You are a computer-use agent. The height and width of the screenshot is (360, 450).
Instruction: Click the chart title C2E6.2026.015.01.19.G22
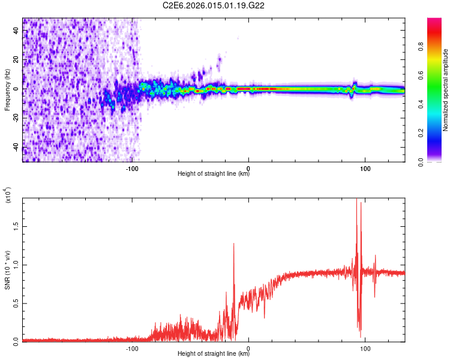pyautogui.click(x=214, y=6)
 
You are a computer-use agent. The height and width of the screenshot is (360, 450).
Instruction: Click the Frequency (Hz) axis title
pyautogui.click(x=7, y=90)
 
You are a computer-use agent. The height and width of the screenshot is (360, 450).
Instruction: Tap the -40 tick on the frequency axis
pyautogui.click(x=16, y=147)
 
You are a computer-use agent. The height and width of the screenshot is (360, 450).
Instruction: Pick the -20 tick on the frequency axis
pyautogui.click(x=16, y=118)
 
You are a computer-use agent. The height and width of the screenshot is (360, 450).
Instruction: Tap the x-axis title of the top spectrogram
pyautogui.click(x=214, y=174)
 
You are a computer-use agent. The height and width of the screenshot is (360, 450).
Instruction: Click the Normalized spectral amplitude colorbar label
pyautogui.click(x=446, y=90)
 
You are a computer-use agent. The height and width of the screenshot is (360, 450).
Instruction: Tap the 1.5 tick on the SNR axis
pyautogui.click(x=16, y=226)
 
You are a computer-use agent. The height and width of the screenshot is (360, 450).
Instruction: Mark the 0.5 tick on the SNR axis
pyautogui.click(x=16, y=303)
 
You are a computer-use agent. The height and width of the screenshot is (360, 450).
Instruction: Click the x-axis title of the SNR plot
pyautogui.click(x=214, y=353)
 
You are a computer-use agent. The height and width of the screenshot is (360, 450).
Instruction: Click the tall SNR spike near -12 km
pyautogui.click(x=234, y=245)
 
